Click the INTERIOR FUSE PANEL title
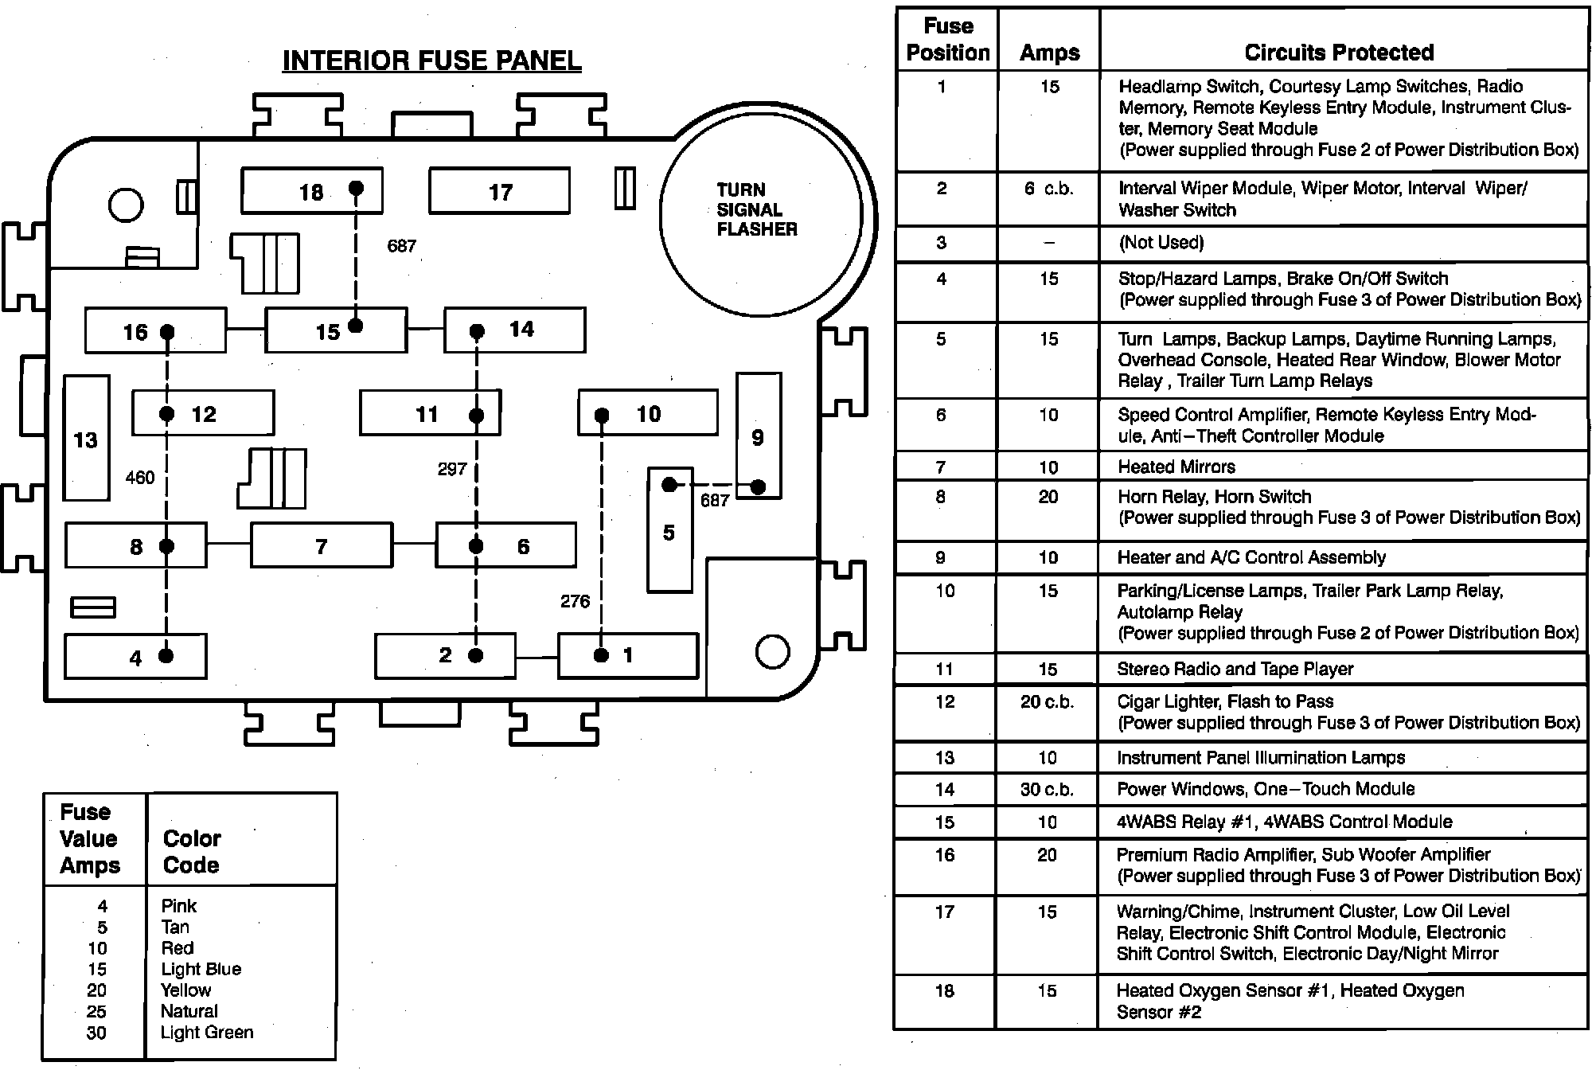tap(431, 61)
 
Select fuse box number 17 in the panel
tap(499, 191)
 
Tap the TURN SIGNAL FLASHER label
tap(755, 209)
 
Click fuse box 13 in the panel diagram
tap(86, 439)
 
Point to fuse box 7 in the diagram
tap(322, 545)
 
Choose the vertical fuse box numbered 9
tap(758, 436)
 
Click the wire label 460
tap(140, 478)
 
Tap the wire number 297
tap(451, 470)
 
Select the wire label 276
tap(575, 602)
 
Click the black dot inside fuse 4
tap(166, 655)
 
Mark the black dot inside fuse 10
tap(602, 416)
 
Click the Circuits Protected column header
tap(1339, 53)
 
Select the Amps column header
tap(1049, 53)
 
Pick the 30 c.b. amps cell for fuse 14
tap(1047, 790)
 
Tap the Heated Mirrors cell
tap(1176, 467)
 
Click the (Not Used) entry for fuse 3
tap(1161, 243)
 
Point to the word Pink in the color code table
tap(178, 906)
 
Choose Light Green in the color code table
tap(207, 1033)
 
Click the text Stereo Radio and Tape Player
tap(1235, 670)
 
